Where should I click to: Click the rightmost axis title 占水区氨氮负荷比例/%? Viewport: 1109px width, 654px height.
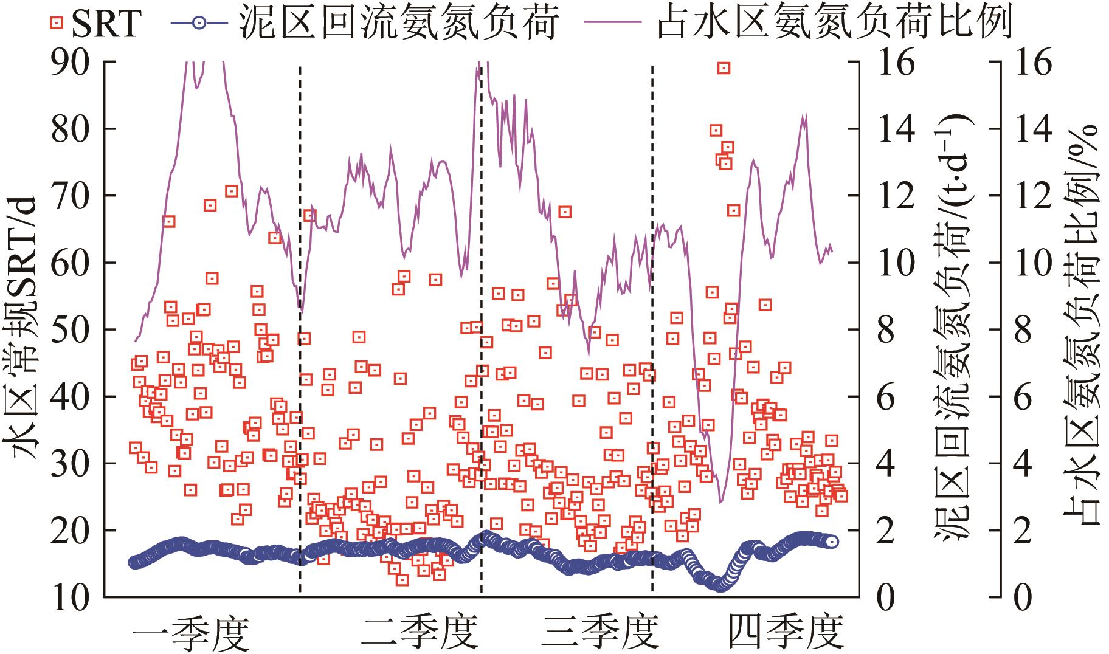pos(1082,328)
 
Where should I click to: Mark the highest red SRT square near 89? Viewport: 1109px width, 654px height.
pos(723,68)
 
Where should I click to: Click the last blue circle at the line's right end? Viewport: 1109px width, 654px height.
pos(832,542)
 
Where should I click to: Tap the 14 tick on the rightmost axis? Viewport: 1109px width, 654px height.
pos(1034,129)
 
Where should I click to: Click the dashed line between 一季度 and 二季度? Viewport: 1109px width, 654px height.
pos(300,328)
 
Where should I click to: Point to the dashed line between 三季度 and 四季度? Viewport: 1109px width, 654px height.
pos(652,328)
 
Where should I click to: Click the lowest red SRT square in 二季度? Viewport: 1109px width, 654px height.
pos(402,579)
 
